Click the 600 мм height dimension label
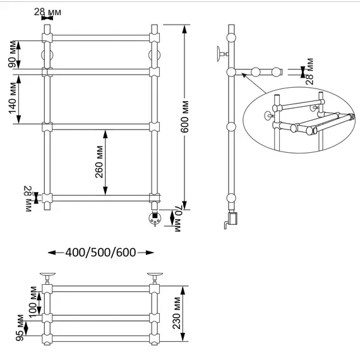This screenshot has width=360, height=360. tap(184, 117)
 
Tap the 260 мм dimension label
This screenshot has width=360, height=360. tap(99, 162)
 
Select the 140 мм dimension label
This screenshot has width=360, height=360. tap(13, 98)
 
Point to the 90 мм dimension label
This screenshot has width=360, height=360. tap(12, 54)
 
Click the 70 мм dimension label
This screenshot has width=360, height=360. tap(178, 218)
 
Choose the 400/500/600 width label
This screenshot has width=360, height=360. tap(100, 253)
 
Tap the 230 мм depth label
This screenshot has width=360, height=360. tap(177, 313)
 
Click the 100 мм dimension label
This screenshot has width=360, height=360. tap(33, 302)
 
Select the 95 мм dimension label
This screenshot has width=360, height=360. tap(20, 328)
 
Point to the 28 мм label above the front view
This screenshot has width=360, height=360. tap(48, 12)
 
